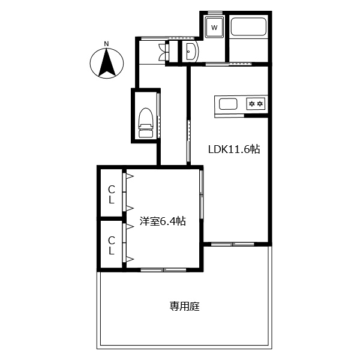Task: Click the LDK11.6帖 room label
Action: (x=234, y=149)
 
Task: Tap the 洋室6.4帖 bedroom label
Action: (x=163, y=221)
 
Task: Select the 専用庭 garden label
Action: (x=185, y=307)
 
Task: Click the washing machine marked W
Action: (x=214, y=28)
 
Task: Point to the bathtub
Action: (x=248, y=26)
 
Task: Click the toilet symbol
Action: (x=146, y=123)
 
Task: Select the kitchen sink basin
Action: (x=228, y=104)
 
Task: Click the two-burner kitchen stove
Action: (x=256, y=104)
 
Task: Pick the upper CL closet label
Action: (x=112, y=194)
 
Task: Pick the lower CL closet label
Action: (x=112, y=245)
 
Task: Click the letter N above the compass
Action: (x=106, y=44)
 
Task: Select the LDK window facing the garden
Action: (x=233, y=244)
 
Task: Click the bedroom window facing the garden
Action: (x=163, y=270)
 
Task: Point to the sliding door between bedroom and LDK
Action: (x=202, y=194)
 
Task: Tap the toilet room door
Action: (x=158, y=115)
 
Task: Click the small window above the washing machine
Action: (x=215, y=12)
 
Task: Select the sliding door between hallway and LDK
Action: (x=189, y=141)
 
